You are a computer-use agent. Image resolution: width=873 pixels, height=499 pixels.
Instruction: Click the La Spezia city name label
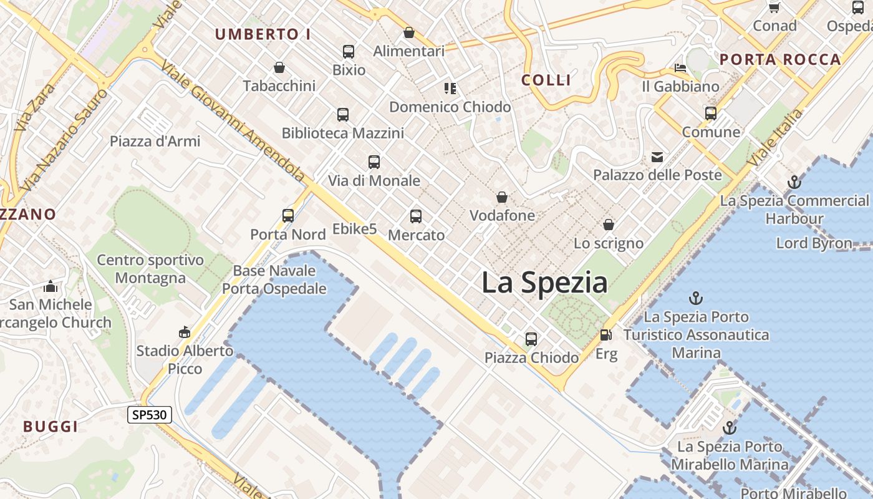pyautogui.click(x=544, y=283)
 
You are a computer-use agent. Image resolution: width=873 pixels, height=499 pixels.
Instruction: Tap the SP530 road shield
pyautogui.click(x=150, y=414)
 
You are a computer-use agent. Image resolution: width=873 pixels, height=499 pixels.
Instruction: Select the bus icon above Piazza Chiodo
pyautogui.click(x=531, y=339)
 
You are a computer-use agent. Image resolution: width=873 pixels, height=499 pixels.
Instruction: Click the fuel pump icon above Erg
pyautogui.click(x=605, y=335)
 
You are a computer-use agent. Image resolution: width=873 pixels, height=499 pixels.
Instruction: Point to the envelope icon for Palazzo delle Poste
pyautogui.click(x=657, y=157)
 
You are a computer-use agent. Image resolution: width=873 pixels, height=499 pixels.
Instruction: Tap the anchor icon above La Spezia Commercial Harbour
pyautogui.click(x=794, y=182)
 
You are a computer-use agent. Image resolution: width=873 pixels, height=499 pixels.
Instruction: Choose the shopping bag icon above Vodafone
pyautogui.click(x=502, y=198)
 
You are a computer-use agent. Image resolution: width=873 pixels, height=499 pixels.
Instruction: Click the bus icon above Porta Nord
pyautogui.click(x=288, y=216)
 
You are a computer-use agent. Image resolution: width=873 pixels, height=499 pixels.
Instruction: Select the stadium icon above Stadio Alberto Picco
pyautogui.click(x=185, y=332)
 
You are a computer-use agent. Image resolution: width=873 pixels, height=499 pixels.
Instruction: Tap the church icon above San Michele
pyautogui.click(x=51, y=286)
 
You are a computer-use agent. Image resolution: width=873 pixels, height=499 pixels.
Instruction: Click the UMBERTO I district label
pyautogui.click(x=263, y=34)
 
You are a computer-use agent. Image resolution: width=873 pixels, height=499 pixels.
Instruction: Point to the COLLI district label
pyautogui.click(x=546, y=80)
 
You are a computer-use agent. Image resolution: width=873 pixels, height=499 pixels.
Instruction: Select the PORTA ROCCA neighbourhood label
pyautogui.click(x=780, y=60)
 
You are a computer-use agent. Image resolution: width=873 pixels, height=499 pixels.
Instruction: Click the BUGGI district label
pyautogui.click(x=51, y=427)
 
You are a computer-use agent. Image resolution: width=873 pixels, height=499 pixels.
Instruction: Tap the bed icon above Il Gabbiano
pyautogui.click(x=680, y=67)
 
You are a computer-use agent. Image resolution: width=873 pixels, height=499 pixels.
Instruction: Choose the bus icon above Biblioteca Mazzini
pyautogui.click(x=343, y=115)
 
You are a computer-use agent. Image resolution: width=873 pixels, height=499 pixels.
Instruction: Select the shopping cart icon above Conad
pyautogui.click(x=774, y=7)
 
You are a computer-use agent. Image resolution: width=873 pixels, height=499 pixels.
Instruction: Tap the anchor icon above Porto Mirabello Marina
pyautogui.click(x=729, y=429)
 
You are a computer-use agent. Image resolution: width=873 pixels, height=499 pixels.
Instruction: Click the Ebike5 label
pyautogui.click(x=355, y=229)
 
